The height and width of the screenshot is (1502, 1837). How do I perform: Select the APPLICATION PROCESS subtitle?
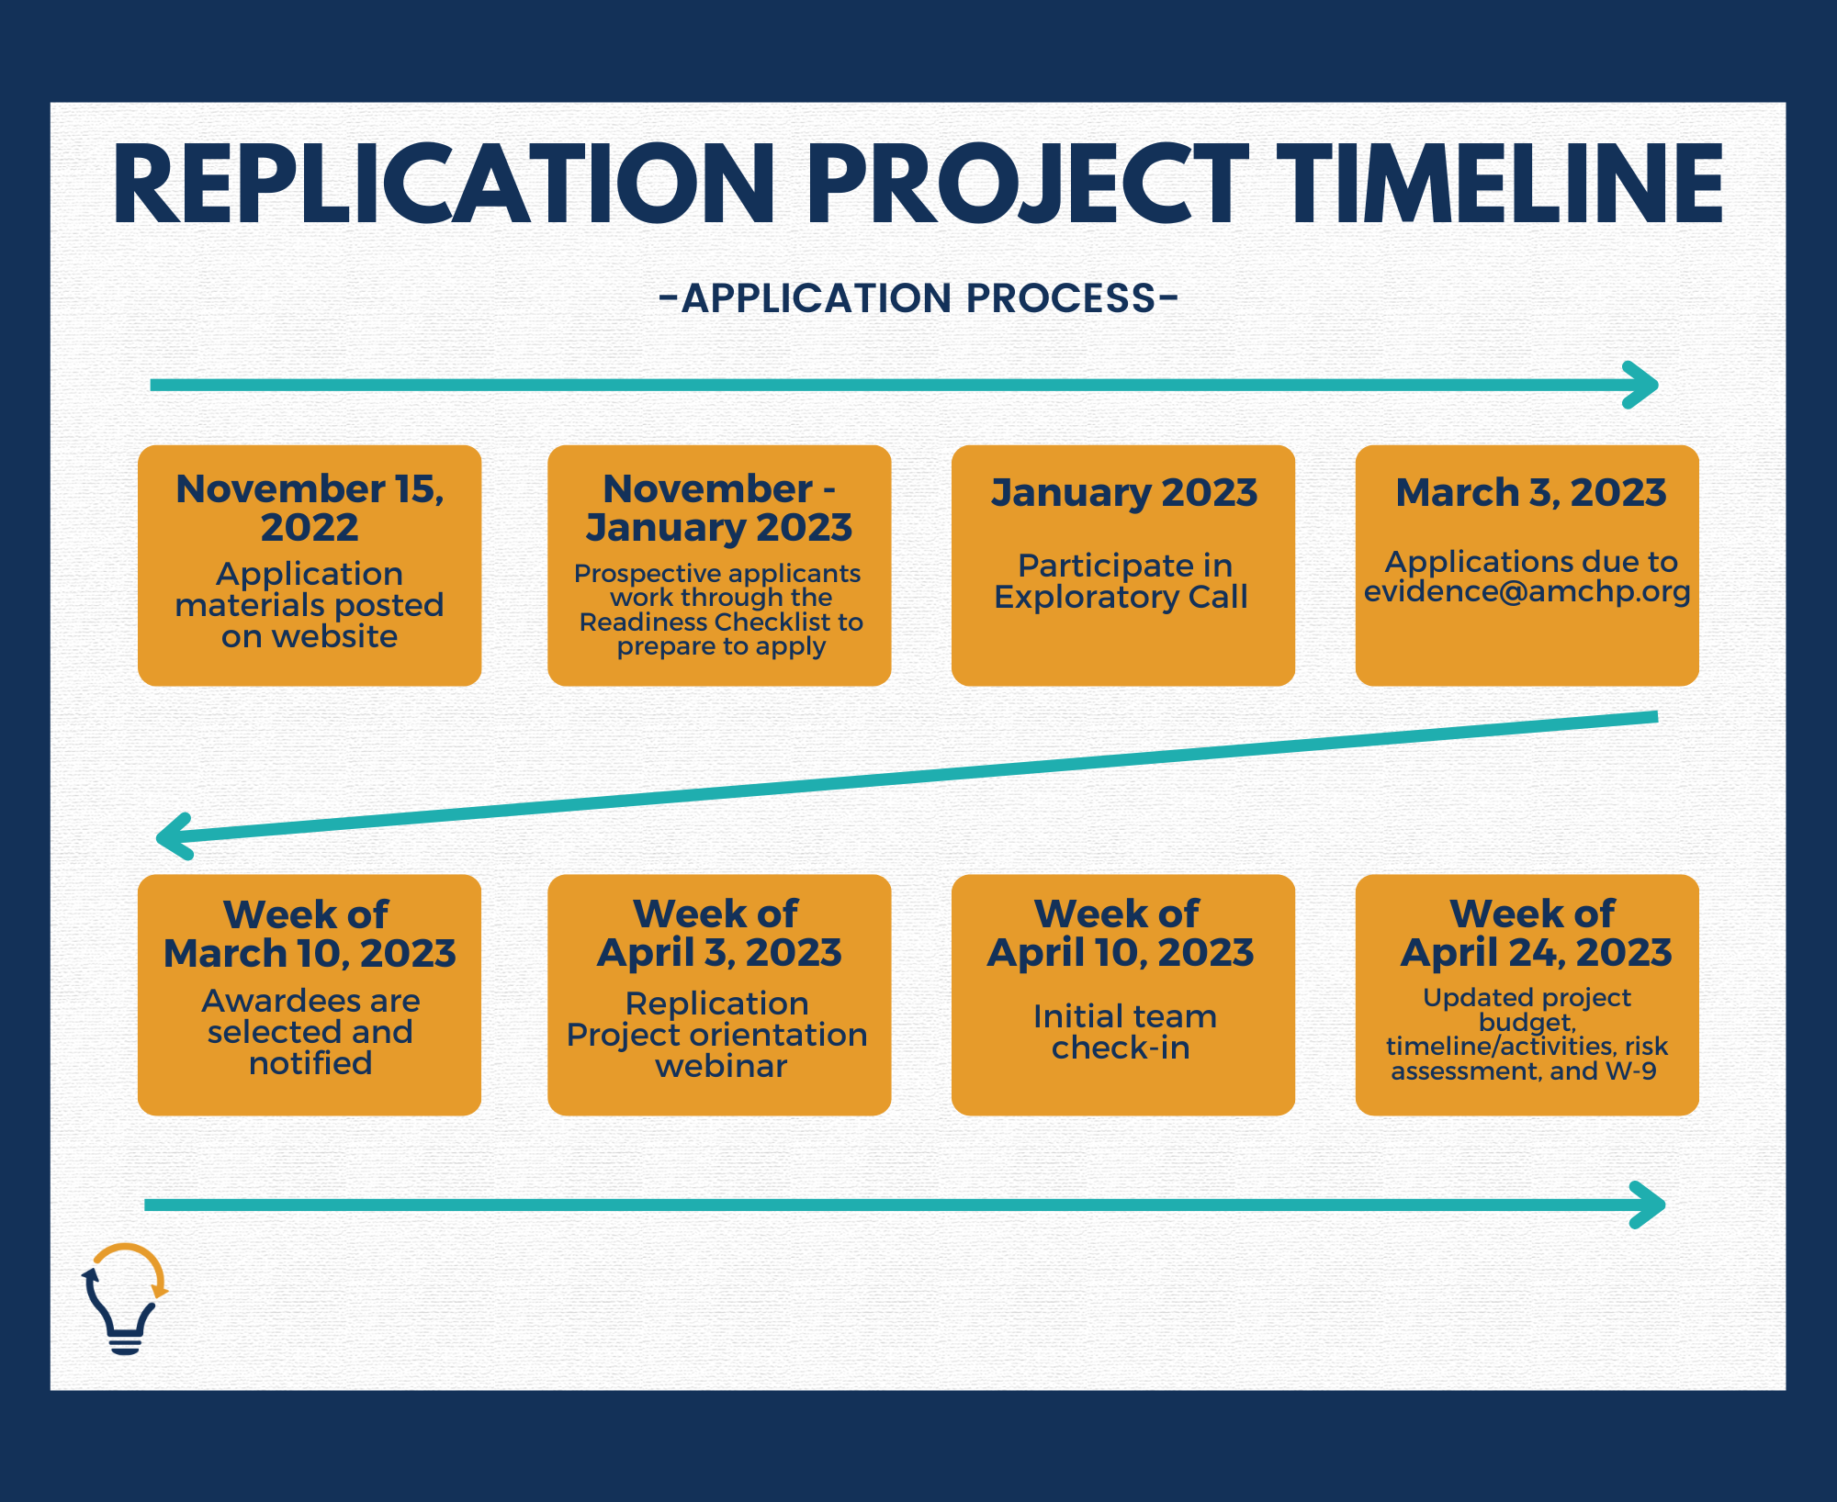pyautogui.click(x=918, y=298)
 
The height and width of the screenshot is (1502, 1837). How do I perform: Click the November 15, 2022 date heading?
pyautogui.click(x=310, y=508)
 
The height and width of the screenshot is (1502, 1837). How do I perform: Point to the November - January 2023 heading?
pyautogui.click(x=719, y=508)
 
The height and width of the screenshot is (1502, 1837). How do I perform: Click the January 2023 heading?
pyautogui.click(x=1123, y=492)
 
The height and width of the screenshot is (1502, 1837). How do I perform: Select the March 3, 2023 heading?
pyautogui.click(x=1530, y=492)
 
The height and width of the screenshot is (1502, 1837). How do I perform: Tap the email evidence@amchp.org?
pyautogui.click(x=1527, y=591)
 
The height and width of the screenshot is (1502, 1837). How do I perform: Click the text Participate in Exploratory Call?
pyautogui.click(x=1121, y=581)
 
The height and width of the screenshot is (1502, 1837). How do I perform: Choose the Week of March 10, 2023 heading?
pyautogui.click(x=310, y=934)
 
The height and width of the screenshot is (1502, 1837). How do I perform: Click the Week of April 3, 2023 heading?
pyautogui.click(x=719, y=933)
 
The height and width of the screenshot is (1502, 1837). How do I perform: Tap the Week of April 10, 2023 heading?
pyautogui.click(x=1121, y=933)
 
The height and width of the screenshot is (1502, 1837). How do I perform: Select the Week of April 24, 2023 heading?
pyautogui.click(x=1535, y=933)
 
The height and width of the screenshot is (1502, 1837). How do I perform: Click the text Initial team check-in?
pyautogui.click(x=1123, y=1032)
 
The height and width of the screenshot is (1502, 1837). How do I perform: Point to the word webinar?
pyautogui.click(x=721, y=1066)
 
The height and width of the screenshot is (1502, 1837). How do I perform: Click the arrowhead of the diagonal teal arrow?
pyautogui.click(x=175, y=835)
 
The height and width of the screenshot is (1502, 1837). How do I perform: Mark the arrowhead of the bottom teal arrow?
pyautogui.click(x=1648, y=1205)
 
